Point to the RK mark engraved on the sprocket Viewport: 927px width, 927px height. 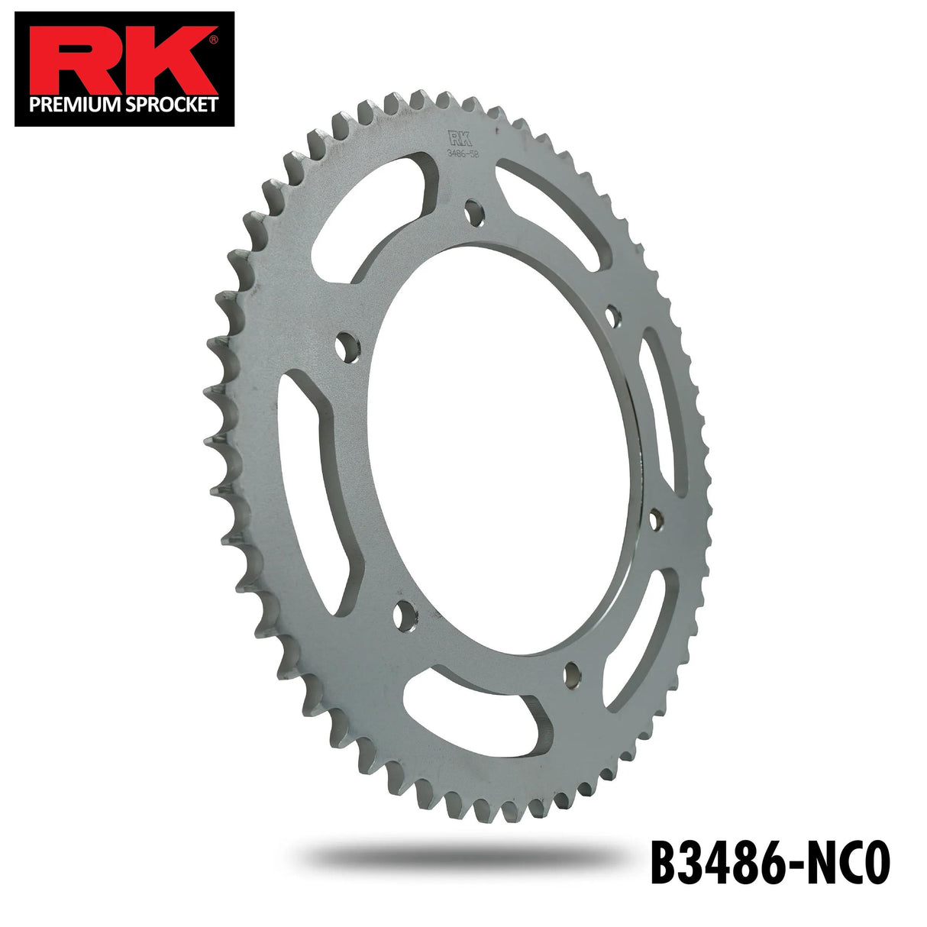pyautogui.click(x=459, y=138)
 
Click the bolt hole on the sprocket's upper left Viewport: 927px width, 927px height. pyautogui.click(x=347, y=345)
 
